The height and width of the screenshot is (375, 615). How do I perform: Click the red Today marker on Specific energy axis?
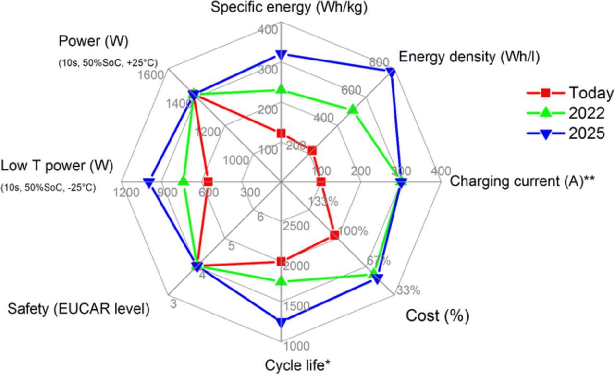coord(281,133)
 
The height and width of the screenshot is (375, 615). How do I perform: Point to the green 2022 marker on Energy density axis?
coord(353,110)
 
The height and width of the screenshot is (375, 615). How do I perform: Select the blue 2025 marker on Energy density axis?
coord(391,72)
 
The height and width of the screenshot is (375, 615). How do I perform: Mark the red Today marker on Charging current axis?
coord(321,182)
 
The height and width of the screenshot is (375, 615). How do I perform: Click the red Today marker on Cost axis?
coord(334,235)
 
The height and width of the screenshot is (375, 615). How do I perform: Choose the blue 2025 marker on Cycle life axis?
coord(281,322)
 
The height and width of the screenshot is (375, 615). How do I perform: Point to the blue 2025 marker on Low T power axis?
coord(149,182)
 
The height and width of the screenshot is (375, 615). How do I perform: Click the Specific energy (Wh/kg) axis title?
coord(290,8)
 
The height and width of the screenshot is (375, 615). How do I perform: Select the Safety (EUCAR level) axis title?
coord(78,309)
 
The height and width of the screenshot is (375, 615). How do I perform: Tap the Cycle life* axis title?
coord(297,365)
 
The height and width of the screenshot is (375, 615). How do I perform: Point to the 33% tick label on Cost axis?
coord(408,290)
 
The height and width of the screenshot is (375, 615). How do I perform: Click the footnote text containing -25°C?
coord(49,188)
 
